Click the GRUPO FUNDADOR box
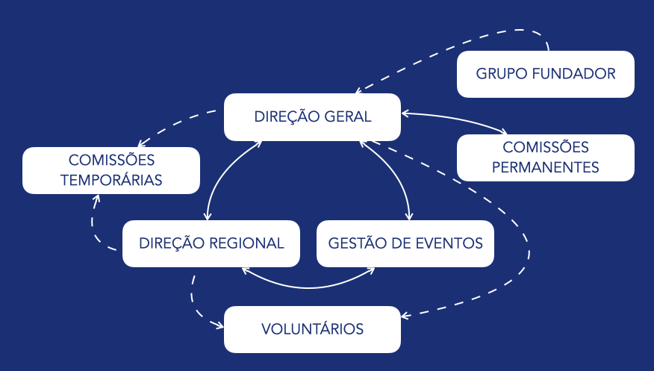(545, 74)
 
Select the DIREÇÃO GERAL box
(312, 116)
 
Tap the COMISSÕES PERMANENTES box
(545, 158)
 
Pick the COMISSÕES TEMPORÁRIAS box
(111, 170)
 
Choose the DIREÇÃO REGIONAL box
(211, 243)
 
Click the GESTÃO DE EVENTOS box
(405, 243)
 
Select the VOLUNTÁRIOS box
(312, 329)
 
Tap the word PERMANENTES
(546, 167)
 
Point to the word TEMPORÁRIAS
(111, 180)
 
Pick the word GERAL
(347, 116)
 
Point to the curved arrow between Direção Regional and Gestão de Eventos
(309, 285)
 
